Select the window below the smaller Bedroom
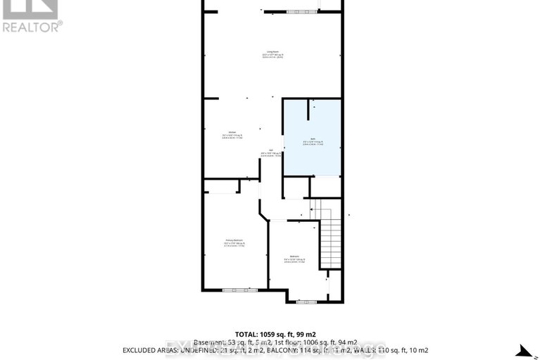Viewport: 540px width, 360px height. point(306,302)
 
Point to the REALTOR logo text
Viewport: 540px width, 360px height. point(32,27)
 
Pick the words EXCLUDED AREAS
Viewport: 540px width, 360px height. point(153,350)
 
